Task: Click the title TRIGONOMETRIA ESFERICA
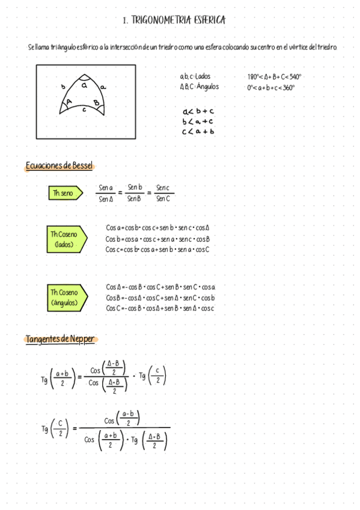tap(174, 20)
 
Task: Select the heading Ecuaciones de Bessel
tap(59, 166)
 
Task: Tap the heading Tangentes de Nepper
tap(59, 339)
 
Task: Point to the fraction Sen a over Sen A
tap(106, 193)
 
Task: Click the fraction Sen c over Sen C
tap(163, 193)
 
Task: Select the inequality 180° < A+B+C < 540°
tap(274, 77)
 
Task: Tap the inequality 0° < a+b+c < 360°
tap(271, 87)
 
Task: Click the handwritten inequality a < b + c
tap(198, 111)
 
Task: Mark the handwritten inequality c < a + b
tap(198, 132)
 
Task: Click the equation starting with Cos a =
tap(157, 228)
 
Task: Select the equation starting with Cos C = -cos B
tap(160, 309)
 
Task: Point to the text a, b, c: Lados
tap(195, 76)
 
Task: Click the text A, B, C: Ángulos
tap(199, 87)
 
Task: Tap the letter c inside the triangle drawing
tap(84, 110)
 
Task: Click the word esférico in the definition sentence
tap(88, 47)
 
